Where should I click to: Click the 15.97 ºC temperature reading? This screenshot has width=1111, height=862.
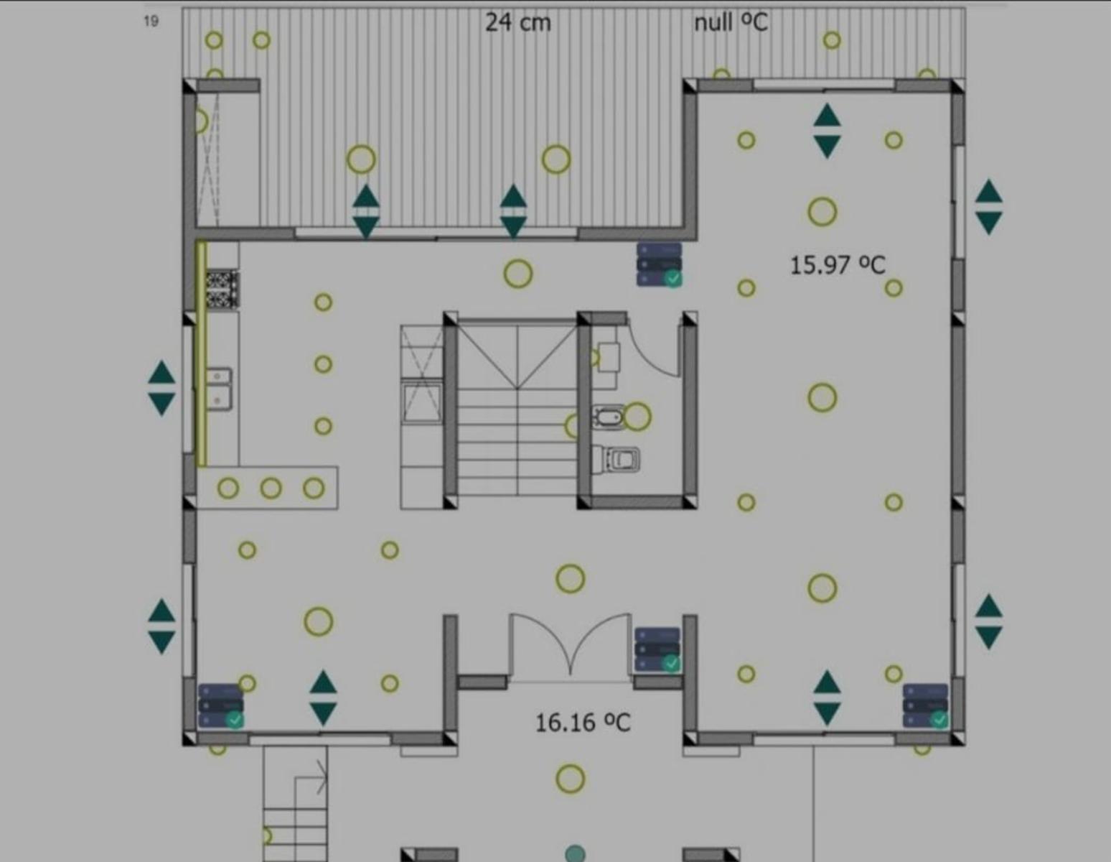(x=838, y=265)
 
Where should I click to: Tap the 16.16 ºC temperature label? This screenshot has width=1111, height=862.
(x=583, y=723)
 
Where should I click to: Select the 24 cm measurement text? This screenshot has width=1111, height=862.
(x=518, y=22)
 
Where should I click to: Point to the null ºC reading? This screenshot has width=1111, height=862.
(x=731, y=22)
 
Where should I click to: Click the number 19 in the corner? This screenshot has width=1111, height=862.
(x=151, y=21)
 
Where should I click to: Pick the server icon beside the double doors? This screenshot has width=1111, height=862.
(x=657, y=649)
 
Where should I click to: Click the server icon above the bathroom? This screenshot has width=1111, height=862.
(x=659, y=265)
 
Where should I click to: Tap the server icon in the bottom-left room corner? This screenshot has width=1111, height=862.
(x=221, y=706)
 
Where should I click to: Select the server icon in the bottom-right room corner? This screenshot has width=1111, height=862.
(x=925, y=706)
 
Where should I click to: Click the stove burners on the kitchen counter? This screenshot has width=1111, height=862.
(x=222, y=289)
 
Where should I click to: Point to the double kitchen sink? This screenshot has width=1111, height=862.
(x=219, y=389)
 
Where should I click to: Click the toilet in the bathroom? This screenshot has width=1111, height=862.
(x=616, y=460)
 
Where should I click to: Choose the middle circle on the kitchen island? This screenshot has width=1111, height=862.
(x=271, y=488)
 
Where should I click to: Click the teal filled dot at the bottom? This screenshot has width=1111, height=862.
(x=575, y=854)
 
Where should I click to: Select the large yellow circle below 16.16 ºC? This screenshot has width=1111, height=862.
(x=570, y=779)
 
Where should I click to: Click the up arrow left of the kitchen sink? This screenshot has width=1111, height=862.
(x=161, y=372)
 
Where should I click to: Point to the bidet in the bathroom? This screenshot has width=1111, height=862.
(x=609, y=417)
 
